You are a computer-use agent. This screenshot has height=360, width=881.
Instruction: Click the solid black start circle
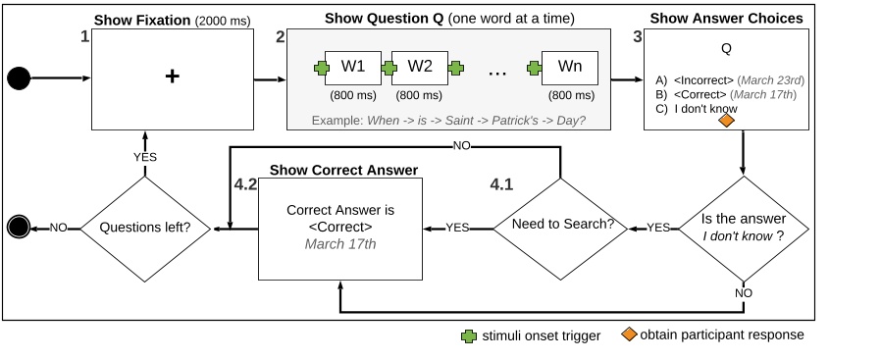point(19,77)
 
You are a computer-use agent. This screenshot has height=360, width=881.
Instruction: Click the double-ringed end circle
point(19,229)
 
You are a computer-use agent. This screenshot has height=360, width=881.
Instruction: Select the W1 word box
point(352,68)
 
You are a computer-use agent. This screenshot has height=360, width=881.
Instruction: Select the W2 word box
point(420,68)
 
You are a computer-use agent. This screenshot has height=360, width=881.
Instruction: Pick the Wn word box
point(569,68)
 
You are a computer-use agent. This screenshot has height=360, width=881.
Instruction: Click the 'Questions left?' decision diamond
point(145,229)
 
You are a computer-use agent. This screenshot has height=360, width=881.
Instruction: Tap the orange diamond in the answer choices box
point(727,121)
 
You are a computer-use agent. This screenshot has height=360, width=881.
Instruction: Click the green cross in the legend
point(469,335)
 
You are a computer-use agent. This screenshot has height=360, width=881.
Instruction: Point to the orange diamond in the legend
point(628,335)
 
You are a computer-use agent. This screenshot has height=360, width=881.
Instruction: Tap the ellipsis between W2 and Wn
point(495,71)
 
